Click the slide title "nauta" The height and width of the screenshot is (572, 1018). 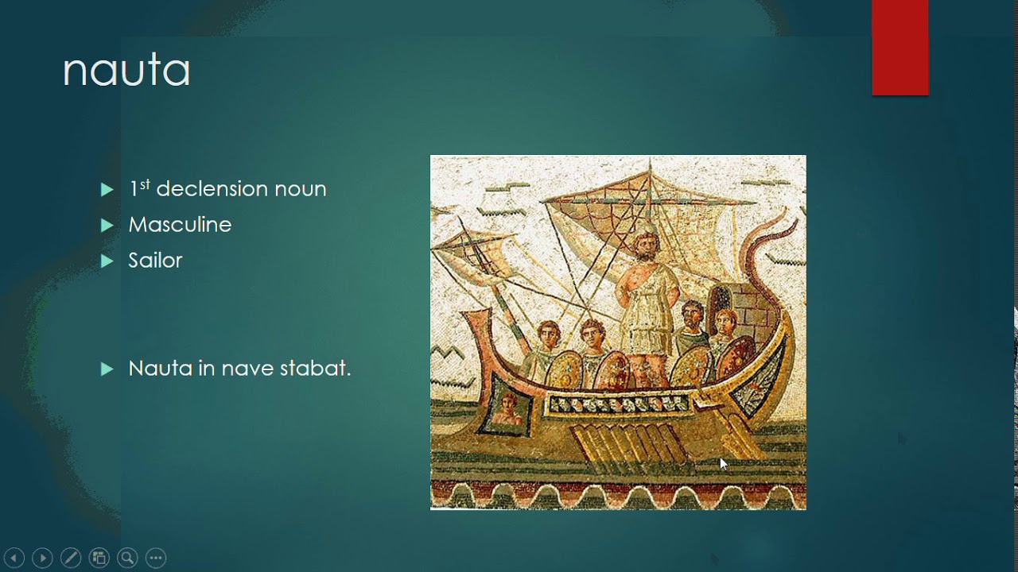point(126,71)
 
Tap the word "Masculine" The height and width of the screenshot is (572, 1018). point(180,225)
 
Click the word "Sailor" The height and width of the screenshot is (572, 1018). point(155,261)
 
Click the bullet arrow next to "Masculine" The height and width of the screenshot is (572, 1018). point(107,225)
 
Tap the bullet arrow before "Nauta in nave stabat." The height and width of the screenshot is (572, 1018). point(107,369)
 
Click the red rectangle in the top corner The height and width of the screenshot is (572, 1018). point(899,48)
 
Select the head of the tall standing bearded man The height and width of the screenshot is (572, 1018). point(645,244)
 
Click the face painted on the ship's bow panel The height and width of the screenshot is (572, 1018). point(507,406)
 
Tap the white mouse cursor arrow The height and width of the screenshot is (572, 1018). point(723,463)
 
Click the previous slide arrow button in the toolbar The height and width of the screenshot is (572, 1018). point(14,558)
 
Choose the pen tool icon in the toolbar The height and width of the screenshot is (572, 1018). point(71,558)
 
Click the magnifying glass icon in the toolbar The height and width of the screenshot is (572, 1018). point(127,558)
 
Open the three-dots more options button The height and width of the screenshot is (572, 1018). point(156,558)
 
